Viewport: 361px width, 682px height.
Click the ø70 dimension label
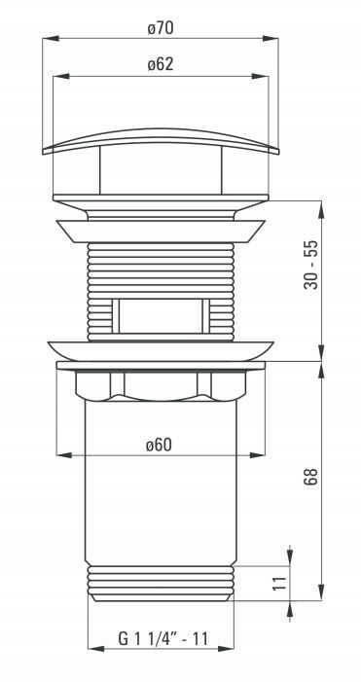(x=161, y=29)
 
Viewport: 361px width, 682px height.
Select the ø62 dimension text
(x=161, y=65)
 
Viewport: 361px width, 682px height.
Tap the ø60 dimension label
(x=160, y=445)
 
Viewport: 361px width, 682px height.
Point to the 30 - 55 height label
(x=311, y=265)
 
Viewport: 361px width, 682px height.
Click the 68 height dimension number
(x=311, y=477)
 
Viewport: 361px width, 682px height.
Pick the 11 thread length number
(x=281, y=583)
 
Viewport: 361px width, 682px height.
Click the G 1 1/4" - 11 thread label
(x=163, y=639)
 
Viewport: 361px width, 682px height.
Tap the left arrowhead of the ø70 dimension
(x=51, y=39)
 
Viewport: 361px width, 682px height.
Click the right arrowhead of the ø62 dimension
(x=261, y=77)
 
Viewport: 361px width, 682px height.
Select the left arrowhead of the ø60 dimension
(x=64, y=455)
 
